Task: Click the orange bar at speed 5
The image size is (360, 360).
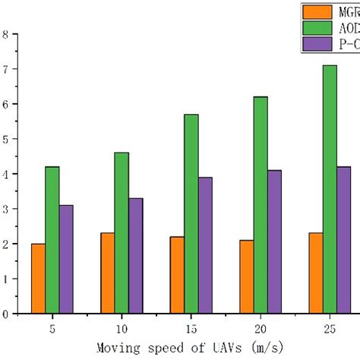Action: (x=38, y=278)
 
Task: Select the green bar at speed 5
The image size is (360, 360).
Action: (x=52, y=239)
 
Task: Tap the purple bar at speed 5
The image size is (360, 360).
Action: (x=66, y=259)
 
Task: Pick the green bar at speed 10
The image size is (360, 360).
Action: (x=122, y=232)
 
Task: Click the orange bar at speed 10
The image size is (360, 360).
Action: (x=107, y=273)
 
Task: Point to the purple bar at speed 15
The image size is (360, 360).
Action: (x=205, y=245)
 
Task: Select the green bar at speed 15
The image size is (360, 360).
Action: (x=191, y=213)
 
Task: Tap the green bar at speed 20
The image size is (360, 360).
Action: (x=261, y=204)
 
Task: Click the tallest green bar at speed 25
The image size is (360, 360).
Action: (x=330, y=189)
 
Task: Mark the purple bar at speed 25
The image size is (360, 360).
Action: (x=344, y=239)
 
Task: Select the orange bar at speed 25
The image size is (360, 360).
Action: (x=315, y=273)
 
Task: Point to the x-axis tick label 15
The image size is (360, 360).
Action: (x=191, y=329)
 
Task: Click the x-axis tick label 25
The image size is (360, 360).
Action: (x=330, y=329)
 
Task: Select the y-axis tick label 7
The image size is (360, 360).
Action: (x=5, y=69)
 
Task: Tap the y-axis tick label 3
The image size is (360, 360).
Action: (x=5, y=209)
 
